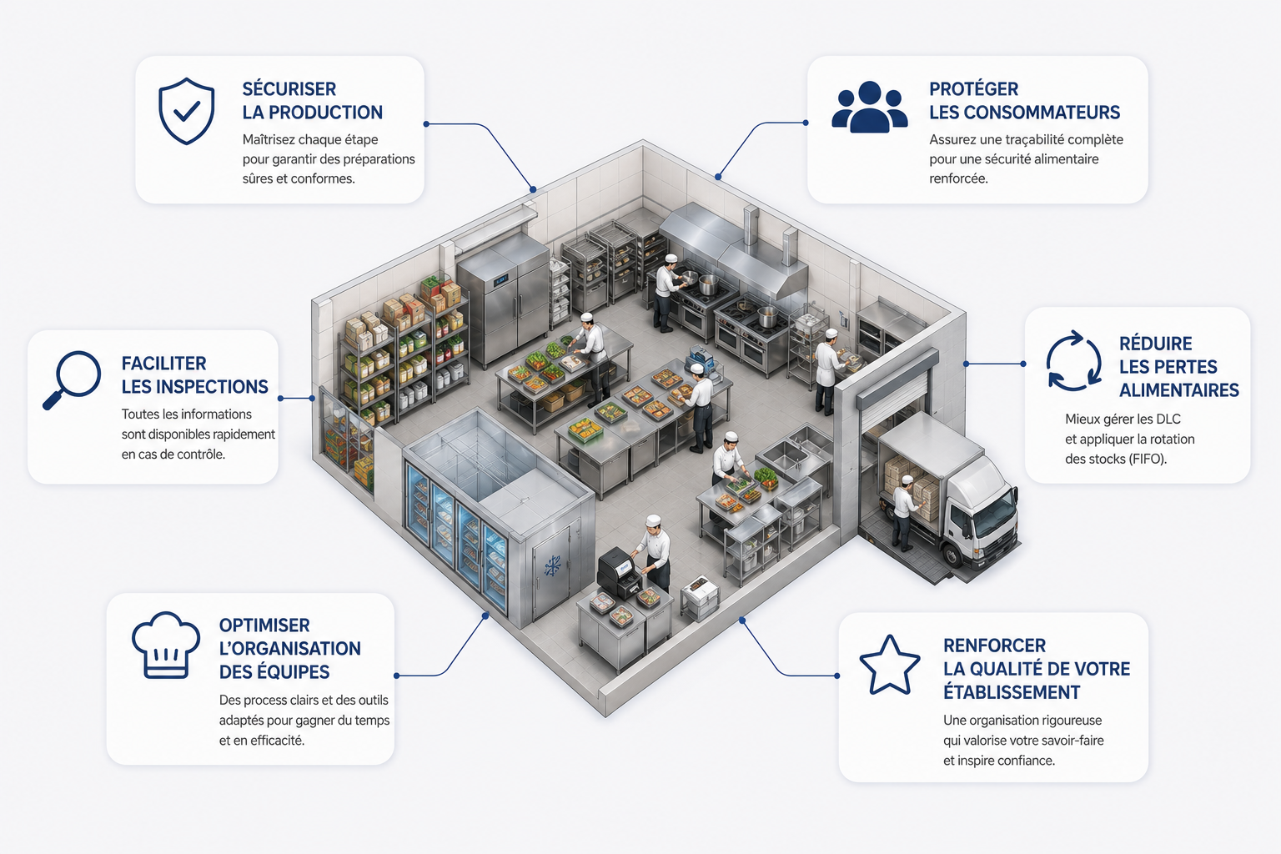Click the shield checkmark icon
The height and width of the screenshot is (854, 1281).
click(x=187, y=110)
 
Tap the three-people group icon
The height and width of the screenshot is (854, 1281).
click(x=869, y=107)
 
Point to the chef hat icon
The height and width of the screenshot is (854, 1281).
click(x=166, y=646)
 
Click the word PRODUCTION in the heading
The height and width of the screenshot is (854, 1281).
click(x=325, y=112)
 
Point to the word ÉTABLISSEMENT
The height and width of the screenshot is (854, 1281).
click(x=1012, y=692)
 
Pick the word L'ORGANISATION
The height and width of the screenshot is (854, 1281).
click(x=290, y=648)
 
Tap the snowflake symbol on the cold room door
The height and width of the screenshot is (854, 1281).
click(x=552, y=566)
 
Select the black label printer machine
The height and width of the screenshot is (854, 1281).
click(x=620, y=572)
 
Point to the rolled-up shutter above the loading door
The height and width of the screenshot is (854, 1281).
click(x=897, y=376)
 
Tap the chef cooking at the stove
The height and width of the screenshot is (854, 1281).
click(x=667, y=292)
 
